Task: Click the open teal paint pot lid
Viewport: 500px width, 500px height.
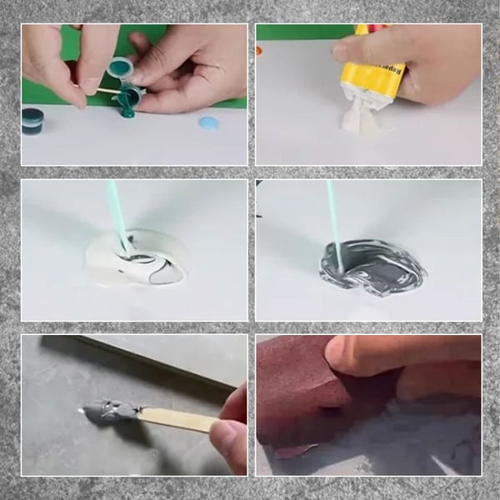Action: (x=120, y=67)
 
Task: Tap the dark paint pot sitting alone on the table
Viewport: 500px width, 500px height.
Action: (x=32, y=120)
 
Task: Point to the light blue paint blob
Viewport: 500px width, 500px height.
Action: (x=208, y=123)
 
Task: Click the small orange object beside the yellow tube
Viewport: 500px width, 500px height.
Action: (x=259, y=50)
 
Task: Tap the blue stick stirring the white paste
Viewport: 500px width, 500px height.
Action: (x=116, y=217)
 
